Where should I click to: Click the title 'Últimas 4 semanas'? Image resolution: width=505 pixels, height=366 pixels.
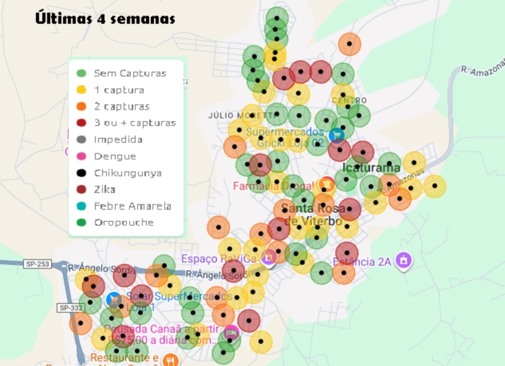pyautogui.click(x=105, y=19)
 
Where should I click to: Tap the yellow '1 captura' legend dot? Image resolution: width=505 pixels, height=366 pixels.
pyautogui.click(x=81, y=90)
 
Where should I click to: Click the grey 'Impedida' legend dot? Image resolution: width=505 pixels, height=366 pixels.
pyautogui.click(x=81, y=139)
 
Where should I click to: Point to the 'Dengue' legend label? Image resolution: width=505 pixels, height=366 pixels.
pyautogui.click(x=115, y=156)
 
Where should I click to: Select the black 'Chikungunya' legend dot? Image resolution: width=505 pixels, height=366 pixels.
pyautogui.click(x=81, y=173)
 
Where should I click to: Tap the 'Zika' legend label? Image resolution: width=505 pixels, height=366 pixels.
pyautogui.click(x=105, y=189)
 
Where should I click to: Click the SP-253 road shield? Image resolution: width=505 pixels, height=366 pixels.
pyautogui.click(x=39, y=264)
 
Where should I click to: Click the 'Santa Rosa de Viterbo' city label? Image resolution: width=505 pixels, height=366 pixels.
pyautogui.click(x=313, y=215)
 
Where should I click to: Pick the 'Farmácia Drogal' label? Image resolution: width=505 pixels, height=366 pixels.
pyautogui.click(x=273, y=186)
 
